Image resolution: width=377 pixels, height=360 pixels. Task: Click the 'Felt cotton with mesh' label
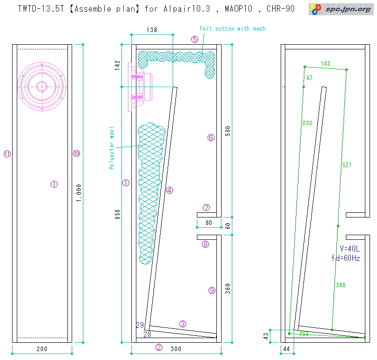pos(232,29)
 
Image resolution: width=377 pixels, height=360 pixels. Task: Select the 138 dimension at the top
pos(152,30)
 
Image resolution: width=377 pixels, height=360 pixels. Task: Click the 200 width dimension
pos(42,349)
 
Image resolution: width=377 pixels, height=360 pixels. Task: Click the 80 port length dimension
pos(209,223)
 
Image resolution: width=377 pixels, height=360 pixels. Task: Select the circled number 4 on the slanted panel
pos(169,190)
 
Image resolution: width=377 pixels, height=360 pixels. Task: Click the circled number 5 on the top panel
pos(195,39)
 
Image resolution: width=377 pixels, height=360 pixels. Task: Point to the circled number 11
pos(7,154)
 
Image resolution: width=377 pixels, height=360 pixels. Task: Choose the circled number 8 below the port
pos(205,244)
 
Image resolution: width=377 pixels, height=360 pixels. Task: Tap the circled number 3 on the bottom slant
pos(182,323)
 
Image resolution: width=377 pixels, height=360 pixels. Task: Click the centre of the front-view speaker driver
pos(42,86)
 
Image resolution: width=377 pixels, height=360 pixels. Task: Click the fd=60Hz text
pos(345,258)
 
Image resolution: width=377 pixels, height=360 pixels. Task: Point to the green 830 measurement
pos(307,123)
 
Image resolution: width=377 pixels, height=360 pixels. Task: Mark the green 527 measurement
pos(347,165)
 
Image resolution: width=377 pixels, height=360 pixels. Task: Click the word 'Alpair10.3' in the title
pos(182,8)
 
